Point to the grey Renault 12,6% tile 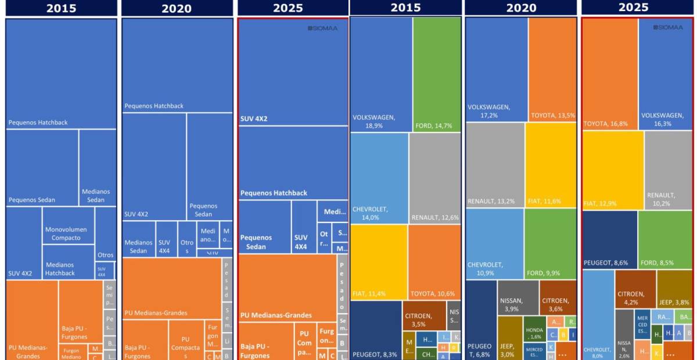coord(434,178)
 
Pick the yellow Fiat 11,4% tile coord(379,261)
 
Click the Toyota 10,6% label coord(433,294)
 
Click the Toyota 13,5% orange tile coord(552,70)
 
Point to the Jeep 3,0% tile coord(509,337)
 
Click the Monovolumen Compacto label coord(66,233)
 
